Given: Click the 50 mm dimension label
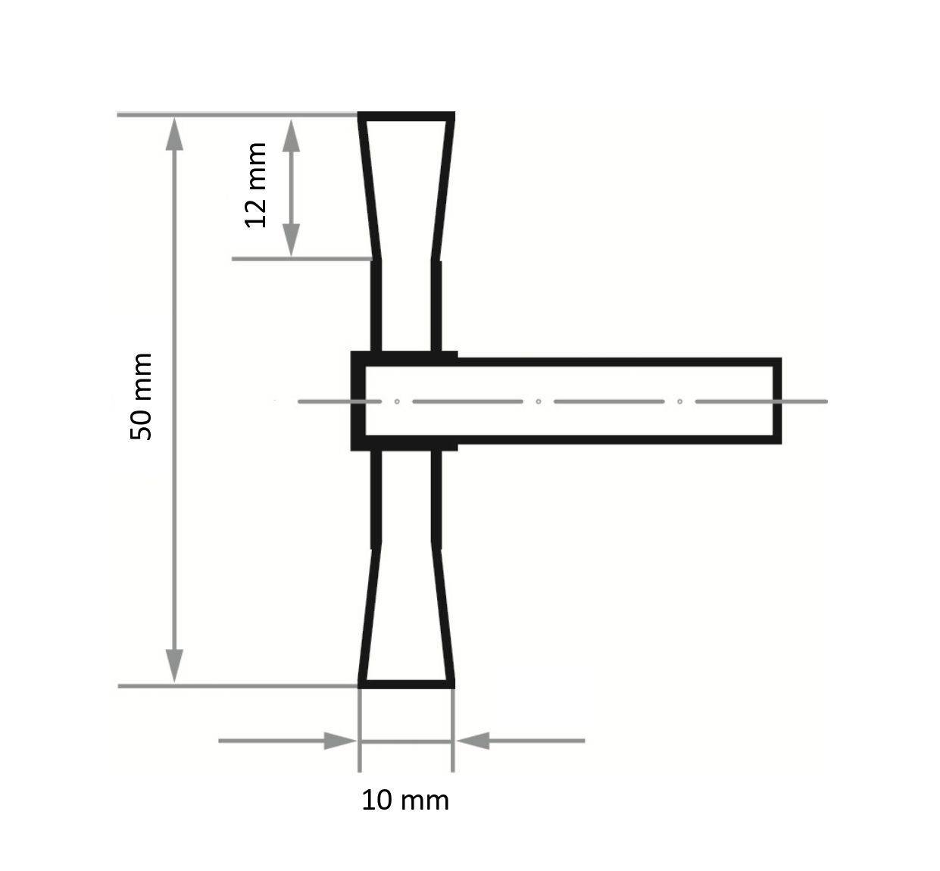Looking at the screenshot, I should tap(142, 396).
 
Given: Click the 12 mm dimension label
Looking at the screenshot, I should tap(256, 185).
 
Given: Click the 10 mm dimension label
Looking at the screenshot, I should tap(404, 800).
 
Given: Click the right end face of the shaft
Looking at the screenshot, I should tap(776, 400).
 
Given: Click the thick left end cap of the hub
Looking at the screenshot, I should tap(358, 400).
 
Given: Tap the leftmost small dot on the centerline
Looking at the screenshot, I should tap(397, 401).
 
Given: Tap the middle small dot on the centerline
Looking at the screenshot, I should tap(539, 401).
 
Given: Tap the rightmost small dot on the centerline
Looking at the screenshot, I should tap(680, 401).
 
